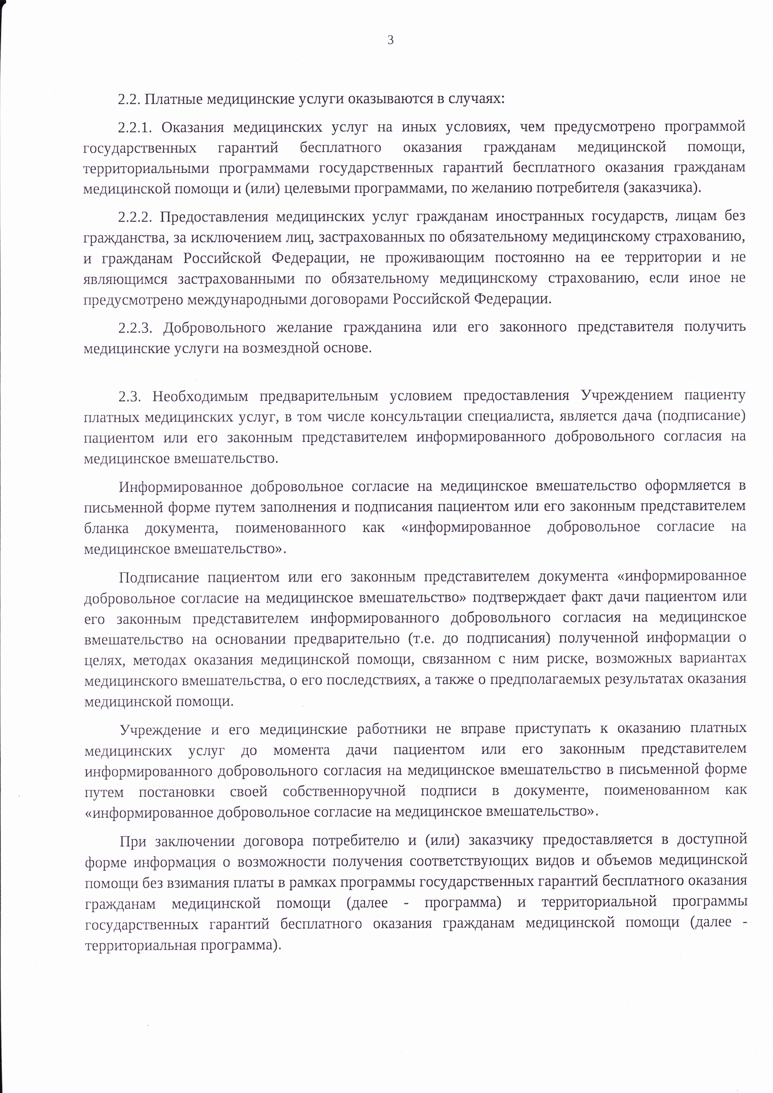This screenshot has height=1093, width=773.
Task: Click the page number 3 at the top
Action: tap(390, 41)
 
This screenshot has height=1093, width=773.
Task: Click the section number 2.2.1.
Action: tap(134, 128)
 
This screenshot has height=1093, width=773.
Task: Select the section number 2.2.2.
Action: tap(134, 217)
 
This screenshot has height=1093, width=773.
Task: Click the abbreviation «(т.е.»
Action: tap(421, 638)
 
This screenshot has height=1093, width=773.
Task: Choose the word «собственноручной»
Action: tap(344, 791)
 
